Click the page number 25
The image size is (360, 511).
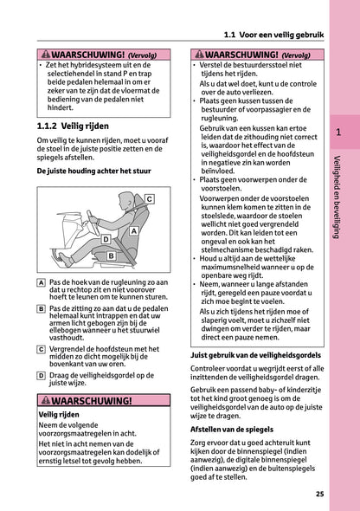coord(319,495)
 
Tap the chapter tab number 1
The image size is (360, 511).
coord(339,133)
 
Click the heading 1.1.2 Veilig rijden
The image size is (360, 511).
coord(80,126)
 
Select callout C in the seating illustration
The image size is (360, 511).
coord(148,199)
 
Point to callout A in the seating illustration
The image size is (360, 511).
coord(134,232)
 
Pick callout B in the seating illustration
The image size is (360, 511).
coord(111,256)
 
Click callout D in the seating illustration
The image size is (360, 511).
coord(106,238)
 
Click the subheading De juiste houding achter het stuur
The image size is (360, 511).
coord(87,171)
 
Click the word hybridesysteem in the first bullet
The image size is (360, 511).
coord(94,67)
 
